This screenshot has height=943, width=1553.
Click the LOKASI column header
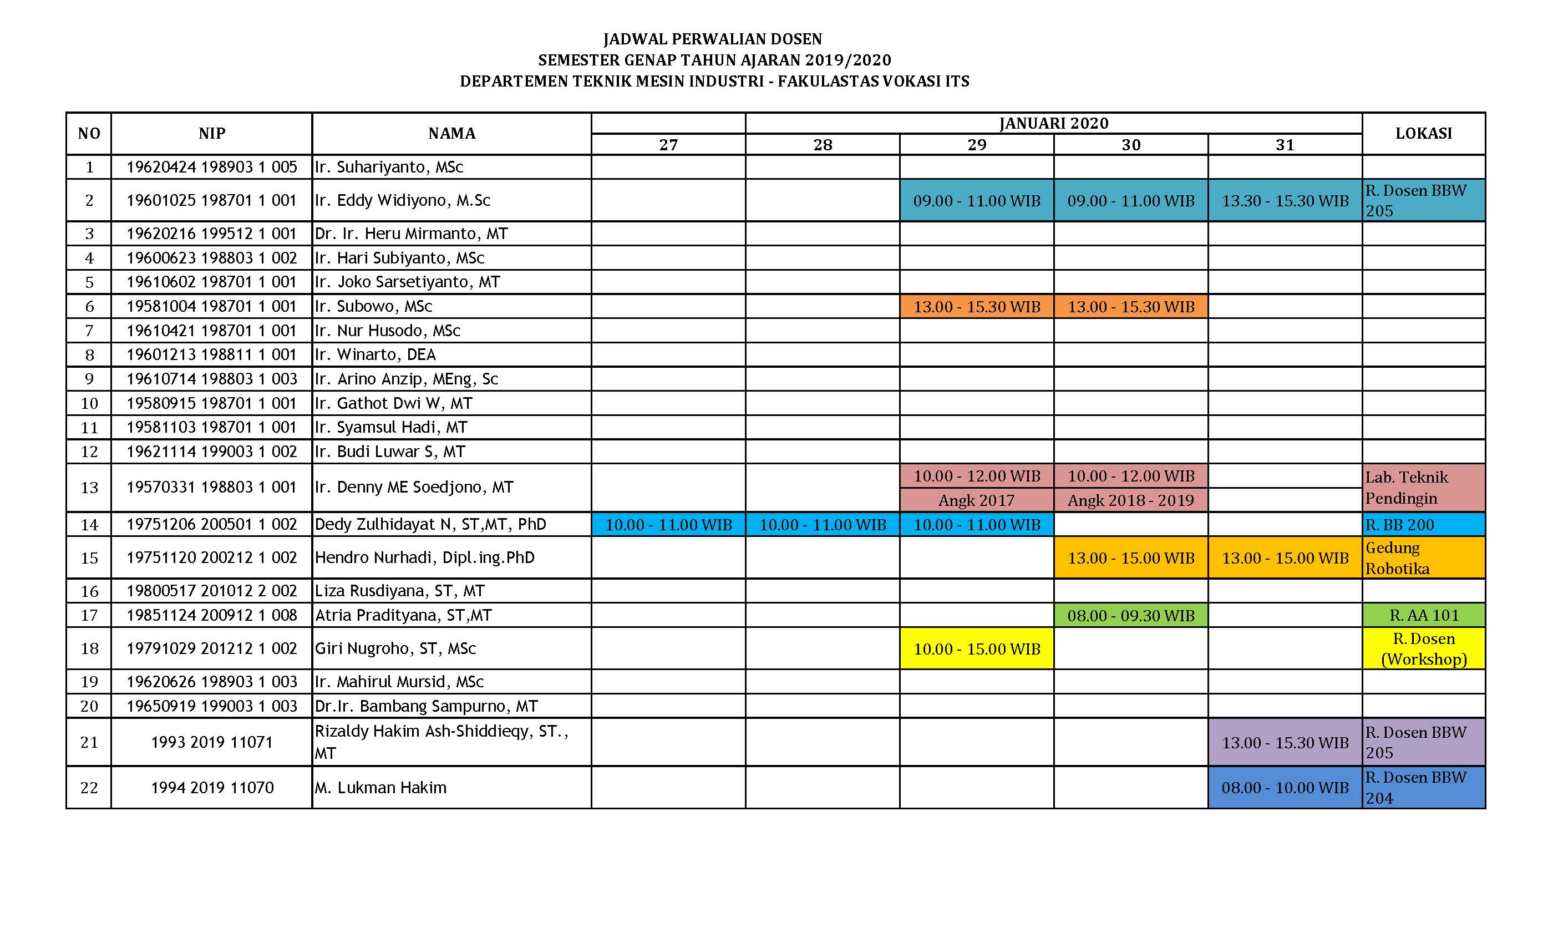(1423, 133)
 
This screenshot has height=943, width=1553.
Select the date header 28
(823, 145)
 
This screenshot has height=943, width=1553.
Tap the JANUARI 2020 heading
(1053, 123)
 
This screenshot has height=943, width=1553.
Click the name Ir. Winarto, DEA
(375, 355)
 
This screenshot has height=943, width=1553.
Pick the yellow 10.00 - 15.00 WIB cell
(976, 648)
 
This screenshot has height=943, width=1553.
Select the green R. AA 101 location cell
(1424, 615)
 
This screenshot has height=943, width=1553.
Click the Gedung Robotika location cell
(1423, 558)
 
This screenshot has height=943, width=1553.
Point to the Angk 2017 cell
(976, 500)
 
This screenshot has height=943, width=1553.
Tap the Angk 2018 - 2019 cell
(1131, 500)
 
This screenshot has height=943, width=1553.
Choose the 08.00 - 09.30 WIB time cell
(1131, 615)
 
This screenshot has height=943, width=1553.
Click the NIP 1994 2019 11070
(212, 788)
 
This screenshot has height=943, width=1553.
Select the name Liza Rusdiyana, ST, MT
(399, 591)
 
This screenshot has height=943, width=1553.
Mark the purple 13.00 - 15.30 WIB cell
(1285, 743)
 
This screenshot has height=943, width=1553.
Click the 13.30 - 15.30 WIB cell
(1285, 201)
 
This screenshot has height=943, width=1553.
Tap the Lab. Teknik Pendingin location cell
(1423, 487)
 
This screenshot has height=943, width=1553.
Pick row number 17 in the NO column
(89, 615)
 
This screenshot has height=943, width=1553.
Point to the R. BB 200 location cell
(1423, 524)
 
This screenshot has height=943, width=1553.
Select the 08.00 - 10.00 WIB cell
(1285, 788)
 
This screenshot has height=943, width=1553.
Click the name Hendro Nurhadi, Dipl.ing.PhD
(425, 558)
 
